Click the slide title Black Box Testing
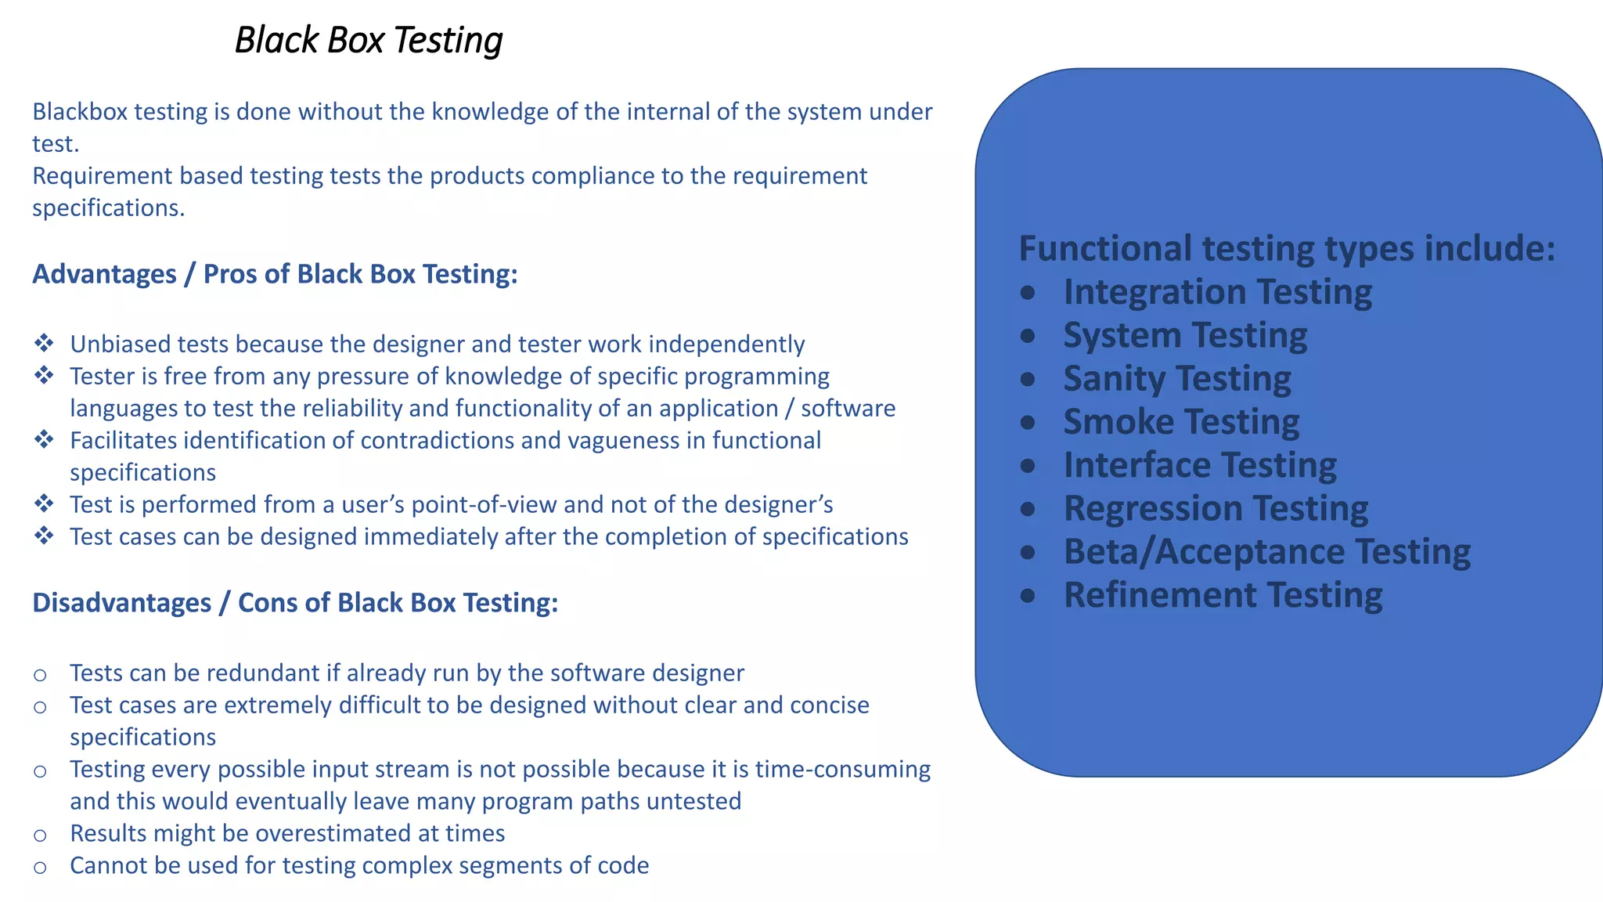pyautogui.click(x=369, y=40)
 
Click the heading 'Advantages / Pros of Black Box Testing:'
pyautogui.click(x=275, y=274)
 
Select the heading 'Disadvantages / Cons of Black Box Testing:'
pyautogui.click(x=295, y=603)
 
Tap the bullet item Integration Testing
pyautogui.click(x=1217, y=292)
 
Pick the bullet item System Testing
pyautogui.click(x=1185, y=335)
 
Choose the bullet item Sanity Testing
pyautogui.click(x=1177, y=379)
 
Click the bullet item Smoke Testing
pyautogui.click(x=1181, y=422)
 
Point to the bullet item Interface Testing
pyautogui.click(x=1200, y=465)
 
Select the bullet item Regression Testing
pyautogui.click(x=1216, y=509)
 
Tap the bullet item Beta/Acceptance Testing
pyautogui.click(x=1266, y=552)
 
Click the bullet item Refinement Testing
pyautogui.click(x=1223, y=595)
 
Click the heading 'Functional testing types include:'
pyautogui.click(x=1287, y=248)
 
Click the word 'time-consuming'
pyautogui.click(x=842, y=770)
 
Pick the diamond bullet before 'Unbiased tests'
pyautogui.click(x=44, y=343)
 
